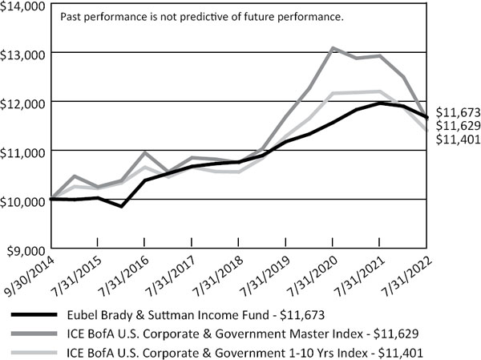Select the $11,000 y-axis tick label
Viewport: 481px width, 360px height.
22,151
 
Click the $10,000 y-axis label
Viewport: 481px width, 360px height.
22,200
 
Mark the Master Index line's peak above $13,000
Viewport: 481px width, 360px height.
332,49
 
